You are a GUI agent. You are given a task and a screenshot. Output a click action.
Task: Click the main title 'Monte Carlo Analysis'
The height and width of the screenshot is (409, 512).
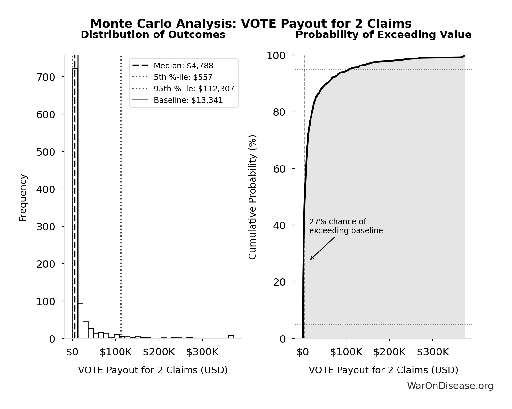251,24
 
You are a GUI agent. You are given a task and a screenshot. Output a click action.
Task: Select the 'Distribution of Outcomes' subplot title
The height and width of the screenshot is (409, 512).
153,35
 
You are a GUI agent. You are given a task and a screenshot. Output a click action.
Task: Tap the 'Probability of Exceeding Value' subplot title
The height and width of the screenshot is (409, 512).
383,35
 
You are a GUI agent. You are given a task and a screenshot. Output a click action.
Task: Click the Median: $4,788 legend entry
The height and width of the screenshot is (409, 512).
183,66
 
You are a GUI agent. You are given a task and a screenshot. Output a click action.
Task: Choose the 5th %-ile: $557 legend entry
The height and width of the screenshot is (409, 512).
183,77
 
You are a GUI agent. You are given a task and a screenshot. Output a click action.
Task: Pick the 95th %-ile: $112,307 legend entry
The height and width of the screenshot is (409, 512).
194,89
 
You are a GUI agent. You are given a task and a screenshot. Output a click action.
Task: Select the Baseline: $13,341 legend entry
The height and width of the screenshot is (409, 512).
188,100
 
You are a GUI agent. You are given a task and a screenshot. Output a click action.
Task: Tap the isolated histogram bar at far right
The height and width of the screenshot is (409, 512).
231,336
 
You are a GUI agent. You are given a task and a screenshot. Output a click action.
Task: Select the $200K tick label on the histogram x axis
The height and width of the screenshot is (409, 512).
159,352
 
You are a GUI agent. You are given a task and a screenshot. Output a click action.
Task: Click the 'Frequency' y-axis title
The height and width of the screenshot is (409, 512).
23,197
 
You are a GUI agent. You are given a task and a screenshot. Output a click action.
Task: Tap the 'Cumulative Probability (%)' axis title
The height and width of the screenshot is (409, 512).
253,197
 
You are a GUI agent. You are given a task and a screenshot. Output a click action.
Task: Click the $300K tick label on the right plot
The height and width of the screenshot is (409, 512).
433,352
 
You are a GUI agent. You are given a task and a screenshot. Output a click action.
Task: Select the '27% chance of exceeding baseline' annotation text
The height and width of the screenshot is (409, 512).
346,226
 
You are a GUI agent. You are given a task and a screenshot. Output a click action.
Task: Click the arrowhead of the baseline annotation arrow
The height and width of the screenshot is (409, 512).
311,259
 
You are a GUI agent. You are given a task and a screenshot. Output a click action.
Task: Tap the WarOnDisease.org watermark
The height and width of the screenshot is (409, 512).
450,386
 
